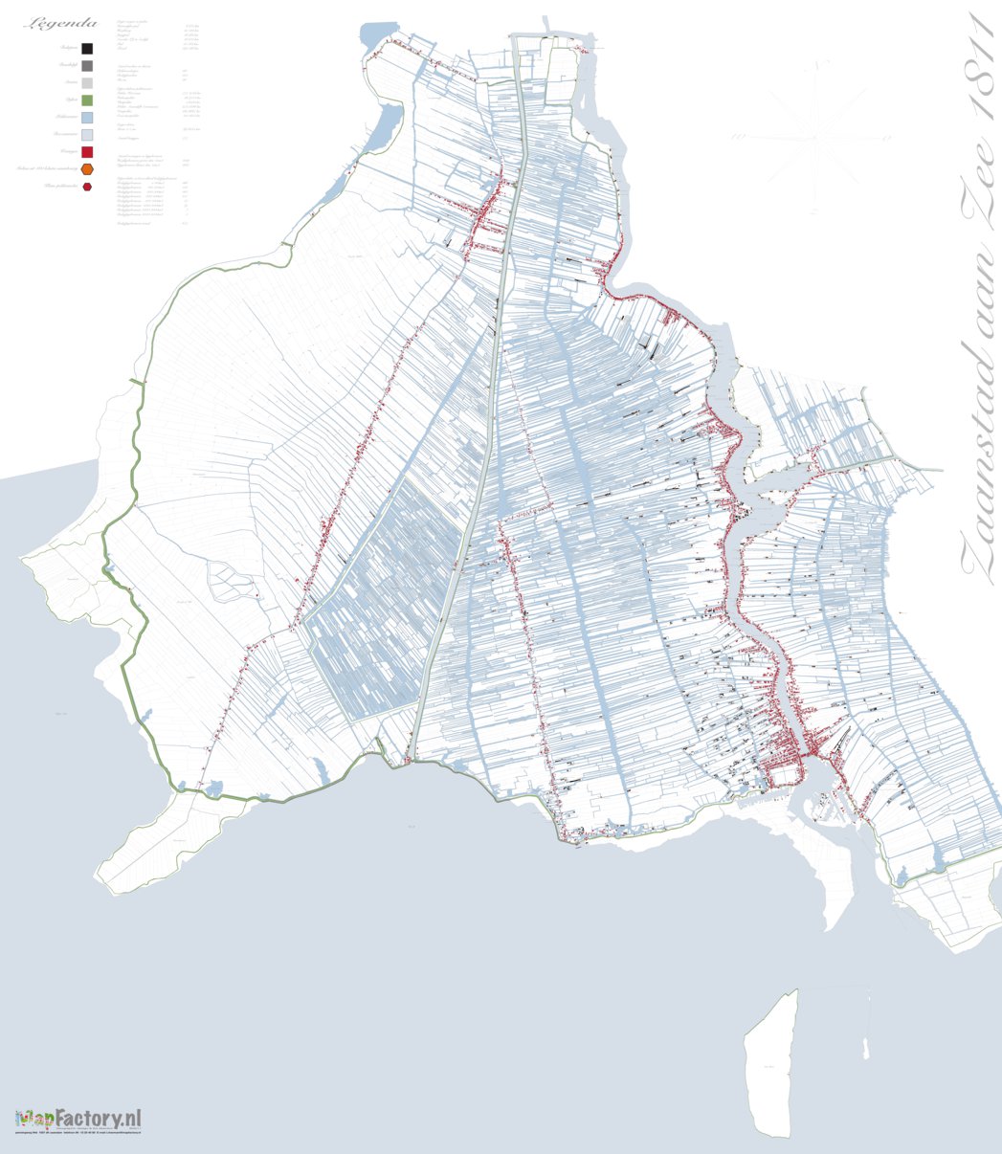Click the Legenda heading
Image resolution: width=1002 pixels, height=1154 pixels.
click(62, 23)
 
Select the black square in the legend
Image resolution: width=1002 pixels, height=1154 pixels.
click(87, 49)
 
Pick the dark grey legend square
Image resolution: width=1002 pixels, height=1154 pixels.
click(87, 66)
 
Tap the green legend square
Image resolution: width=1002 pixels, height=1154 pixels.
click(87, 100)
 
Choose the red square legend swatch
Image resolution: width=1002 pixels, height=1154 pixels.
click(87, 152)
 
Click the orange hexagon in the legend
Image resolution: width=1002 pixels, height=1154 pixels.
click(87, 169)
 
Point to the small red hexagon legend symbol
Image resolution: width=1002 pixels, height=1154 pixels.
click(87, 187)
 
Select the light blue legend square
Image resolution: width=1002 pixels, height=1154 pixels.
click(87, 118)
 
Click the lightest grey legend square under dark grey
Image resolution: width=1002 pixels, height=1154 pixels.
click(87, 83)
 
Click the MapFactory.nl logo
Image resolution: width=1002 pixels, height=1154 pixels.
click(78, 1118)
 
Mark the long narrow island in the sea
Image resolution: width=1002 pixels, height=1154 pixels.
click(773, 1062)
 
